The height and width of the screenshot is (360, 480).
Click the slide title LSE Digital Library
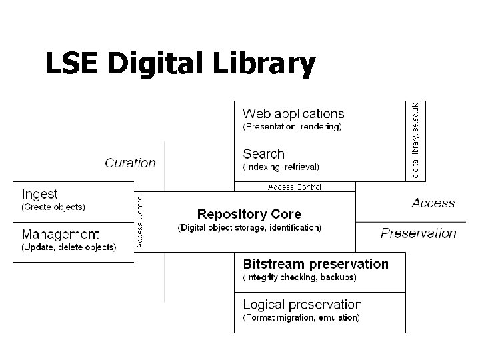tap(179, 65)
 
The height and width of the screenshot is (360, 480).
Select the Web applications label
tap(293, 114)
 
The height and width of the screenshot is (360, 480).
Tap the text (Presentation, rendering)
tap(292, 127)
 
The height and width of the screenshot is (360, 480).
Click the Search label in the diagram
tap(263, 154)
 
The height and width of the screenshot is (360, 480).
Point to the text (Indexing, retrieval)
tap(281, 167)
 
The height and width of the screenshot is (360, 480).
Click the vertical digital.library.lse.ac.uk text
tap(416, 140)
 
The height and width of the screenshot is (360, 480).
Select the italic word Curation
tap(130, 163)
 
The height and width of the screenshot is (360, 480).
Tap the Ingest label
tap(39, 194)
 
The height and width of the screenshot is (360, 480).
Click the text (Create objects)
tap(53, 207)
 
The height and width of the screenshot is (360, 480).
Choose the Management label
tap(60, 234)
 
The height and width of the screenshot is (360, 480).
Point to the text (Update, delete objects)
tap(69, 247)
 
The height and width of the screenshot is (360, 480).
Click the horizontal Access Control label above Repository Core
tap(294, 187)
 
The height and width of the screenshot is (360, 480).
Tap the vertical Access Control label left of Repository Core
tap(139, 221)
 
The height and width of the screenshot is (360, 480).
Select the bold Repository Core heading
tap(249, 214)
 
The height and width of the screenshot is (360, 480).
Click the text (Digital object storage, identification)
tap(249, 228)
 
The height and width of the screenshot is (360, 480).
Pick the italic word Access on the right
tap(433, 203)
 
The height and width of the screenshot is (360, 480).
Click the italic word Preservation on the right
tap(418, 233)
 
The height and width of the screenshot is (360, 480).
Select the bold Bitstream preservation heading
tap(315, 264)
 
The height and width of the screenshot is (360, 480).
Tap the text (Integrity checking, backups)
tap(299, 277)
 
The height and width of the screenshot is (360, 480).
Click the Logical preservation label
tap(302, 305)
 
